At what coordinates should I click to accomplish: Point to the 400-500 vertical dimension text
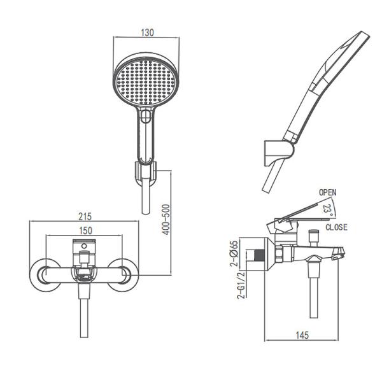pyautogui.click(x=166, y=220)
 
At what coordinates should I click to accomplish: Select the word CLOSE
pyautogui.click(x=336, y=227)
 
